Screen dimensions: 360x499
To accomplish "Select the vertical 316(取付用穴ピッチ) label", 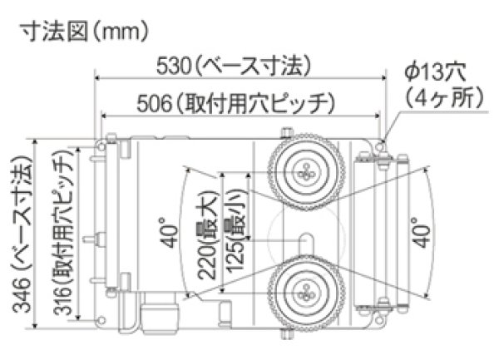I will coord(67,235).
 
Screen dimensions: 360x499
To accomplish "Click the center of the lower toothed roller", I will coord(306,292).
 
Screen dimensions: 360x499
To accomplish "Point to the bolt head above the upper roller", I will coord(288,132).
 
